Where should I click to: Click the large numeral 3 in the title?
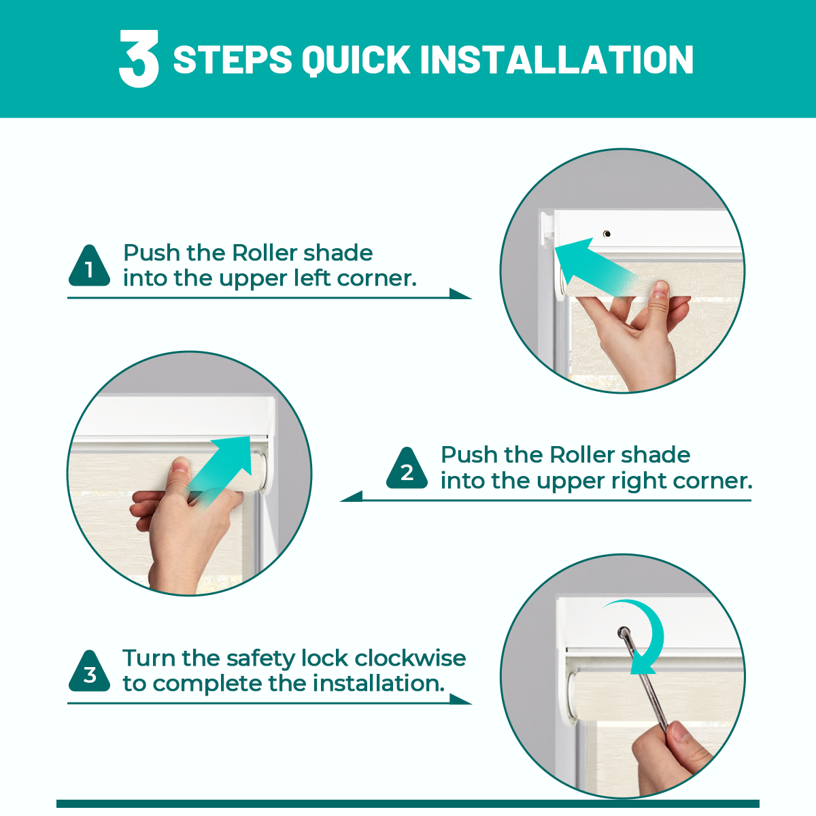(x=139, y=59)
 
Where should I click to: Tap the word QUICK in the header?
(x=356, y=60)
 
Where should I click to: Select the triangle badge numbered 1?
(x=89, y=267)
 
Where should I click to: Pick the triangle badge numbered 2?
(x=407, y=469)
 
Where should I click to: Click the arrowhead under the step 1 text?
(x=460, y=294)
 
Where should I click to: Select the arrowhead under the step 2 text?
(x=352, y=496)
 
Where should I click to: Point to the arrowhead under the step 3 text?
(x=460, y=699)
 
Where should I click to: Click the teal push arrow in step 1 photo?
(x=595, y=266)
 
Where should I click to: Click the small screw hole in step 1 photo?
(x=607, y=234)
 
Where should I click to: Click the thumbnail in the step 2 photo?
(x=181, y=466)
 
